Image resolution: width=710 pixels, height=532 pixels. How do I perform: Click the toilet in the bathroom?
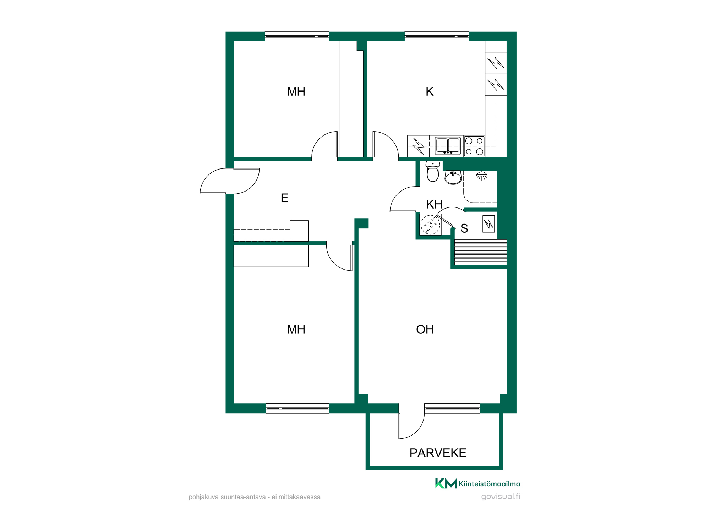pyautogui.click(x=433, y=171)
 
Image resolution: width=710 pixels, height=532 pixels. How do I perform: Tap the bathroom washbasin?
pyautogui.click(x=453, y=177)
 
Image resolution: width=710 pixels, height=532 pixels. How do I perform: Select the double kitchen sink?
pyautogui.click(x=448, y=145)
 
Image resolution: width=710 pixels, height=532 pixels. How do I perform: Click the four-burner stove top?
pyautogui.click(x=474, y=146)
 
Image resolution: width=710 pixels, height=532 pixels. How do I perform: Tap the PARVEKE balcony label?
pyautogui.click(x=438, y=453)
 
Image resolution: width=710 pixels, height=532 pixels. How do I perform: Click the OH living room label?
pyautogui.click(x=425, y=329)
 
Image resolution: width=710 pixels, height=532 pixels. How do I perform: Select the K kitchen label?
pyautogui.click(x=430, y=92)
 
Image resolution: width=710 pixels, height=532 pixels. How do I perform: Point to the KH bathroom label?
pyautogui.click(x=434, y=204)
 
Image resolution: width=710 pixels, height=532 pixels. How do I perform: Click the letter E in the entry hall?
pyautogui.click(x=284, y=198)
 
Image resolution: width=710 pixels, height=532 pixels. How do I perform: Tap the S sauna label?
pyautogui.click(x=464, y=228)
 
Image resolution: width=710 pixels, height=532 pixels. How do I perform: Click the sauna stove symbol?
pyautogui.click(x=489, y=224)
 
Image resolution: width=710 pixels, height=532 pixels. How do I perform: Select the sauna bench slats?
pyautogui.click(x=481, y=252)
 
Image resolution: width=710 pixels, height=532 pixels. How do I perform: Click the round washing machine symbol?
pyautogui.click(x=430, y=225)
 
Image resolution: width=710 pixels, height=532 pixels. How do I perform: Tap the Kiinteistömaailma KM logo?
pyautogui.click(x=477, y=483)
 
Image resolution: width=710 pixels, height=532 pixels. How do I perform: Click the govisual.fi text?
pyautogui.click(x=501, y=497)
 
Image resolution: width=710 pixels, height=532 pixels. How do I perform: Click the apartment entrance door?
pyautogui.click(x=230, y=181)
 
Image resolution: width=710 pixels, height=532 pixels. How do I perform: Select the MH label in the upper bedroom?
pyautogui.click(x=296, y=92)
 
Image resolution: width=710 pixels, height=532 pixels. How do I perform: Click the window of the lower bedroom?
pyautogui.click(x=297, y=408)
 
